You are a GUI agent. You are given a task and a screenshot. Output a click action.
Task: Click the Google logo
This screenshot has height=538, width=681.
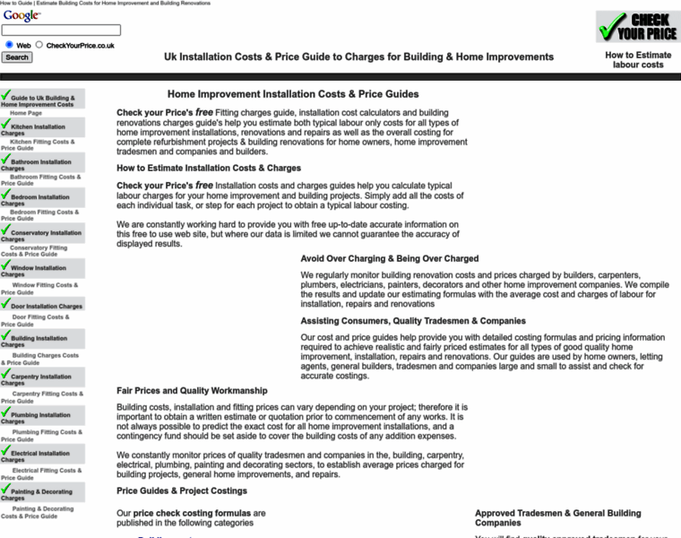[21, 16]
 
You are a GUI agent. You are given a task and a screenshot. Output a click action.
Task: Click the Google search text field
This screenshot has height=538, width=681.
[61, 30]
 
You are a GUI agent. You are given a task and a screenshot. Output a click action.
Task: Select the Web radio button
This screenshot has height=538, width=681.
[9, 44]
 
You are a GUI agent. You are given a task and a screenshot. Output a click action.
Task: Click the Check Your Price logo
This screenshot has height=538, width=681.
[637, 27]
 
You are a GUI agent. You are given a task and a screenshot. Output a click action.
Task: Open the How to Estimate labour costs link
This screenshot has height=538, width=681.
[638, 60]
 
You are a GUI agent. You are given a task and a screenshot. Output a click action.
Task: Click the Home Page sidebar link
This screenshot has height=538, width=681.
[26, 114]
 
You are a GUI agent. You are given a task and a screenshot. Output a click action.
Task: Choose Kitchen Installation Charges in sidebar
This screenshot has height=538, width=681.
[38, 129]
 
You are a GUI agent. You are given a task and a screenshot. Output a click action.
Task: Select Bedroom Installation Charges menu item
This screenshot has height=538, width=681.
[39, 199]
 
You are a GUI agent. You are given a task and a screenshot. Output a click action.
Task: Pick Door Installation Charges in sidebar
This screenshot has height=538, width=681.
[47, 306]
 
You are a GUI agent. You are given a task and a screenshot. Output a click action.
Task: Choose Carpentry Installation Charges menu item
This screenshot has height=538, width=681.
[40, 378]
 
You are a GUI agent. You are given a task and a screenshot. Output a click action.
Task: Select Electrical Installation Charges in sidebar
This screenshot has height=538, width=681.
[39, 456]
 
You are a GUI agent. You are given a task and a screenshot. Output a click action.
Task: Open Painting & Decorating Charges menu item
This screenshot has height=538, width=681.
[41, 493]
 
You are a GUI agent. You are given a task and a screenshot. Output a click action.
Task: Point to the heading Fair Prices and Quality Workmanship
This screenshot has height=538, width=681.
[192, 391]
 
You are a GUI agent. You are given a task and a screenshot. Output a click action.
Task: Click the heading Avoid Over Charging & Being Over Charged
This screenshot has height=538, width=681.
[389, 258]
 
